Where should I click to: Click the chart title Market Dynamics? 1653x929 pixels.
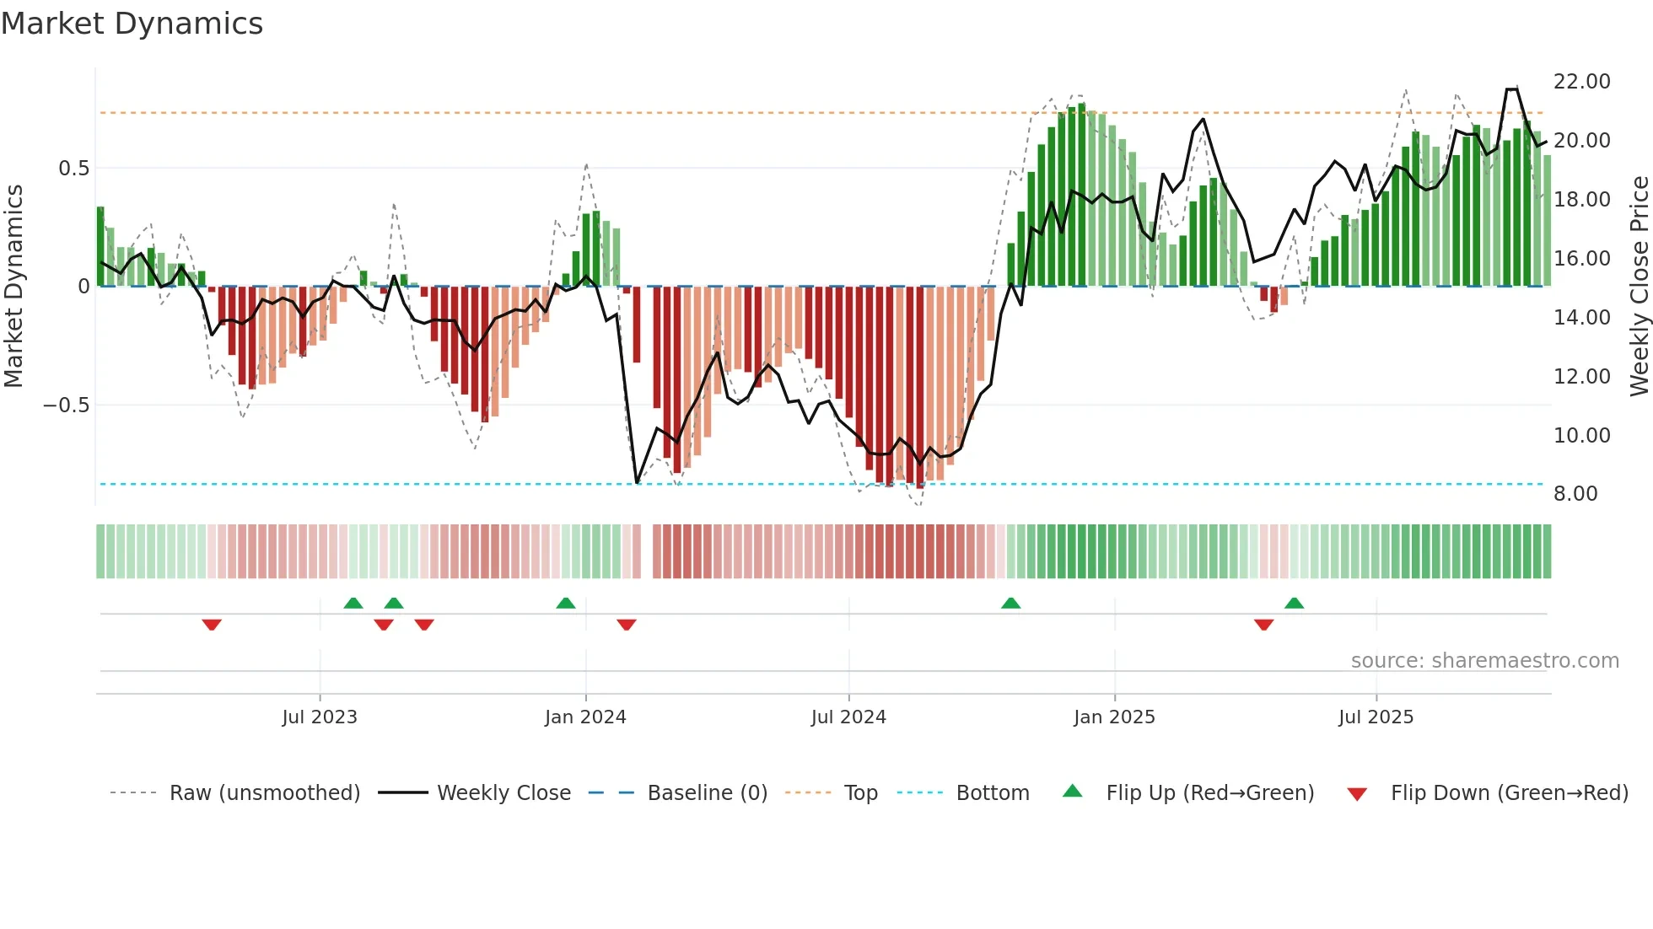[132, 24]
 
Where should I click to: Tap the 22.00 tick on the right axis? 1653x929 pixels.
[1581, 82]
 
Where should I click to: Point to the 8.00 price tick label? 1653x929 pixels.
[1575, 494]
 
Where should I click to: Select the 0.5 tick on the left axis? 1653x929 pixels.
[73, 169]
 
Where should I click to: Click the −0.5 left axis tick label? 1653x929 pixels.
[66, 405]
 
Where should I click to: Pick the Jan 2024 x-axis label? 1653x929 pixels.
[585, 717]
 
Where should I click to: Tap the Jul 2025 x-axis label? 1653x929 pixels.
[1376, 717]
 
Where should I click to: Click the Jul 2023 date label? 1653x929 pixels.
[320, 717]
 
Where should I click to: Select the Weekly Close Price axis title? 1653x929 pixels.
[1639, 286]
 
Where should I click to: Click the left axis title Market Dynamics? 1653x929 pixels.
[13, 286]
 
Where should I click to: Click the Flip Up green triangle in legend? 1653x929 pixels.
[1072, 791]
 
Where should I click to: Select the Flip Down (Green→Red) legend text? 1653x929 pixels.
[1509, 793]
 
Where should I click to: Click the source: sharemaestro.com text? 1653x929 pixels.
[1484, 661]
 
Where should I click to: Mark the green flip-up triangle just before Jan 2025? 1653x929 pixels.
[1010, 603]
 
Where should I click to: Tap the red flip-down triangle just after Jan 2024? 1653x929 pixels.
[626, 625]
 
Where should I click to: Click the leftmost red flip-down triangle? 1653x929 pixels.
[212, 625]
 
